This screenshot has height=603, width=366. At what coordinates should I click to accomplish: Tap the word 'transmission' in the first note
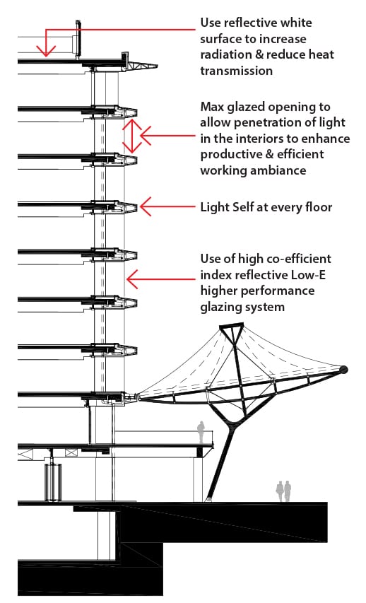tap(237, 71)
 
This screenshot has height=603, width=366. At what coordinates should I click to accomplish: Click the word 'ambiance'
tap(280, 170)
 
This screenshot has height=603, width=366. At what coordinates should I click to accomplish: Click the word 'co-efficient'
tap(295, 259)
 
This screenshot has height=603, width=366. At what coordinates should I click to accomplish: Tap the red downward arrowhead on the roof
tap(46, 51)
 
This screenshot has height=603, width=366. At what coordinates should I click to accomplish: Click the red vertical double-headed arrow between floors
tap(132, 136)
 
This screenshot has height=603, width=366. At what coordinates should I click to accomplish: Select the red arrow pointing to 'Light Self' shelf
tap(168, 207)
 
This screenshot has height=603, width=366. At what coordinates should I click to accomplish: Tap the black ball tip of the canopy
tap(343, 370)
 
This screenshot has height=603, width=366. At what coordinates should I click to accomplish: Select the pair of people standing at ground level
tap(284, 491)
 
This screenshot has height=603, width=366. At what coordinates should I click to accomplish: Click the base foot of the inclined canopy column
tap(208, 499)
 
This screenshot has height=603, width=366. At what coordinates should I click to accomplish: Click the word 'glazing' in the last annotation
tap(220, 308)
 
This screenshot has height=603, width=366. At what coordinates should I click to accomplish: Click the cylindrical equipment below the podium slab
tap(53, 482)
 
